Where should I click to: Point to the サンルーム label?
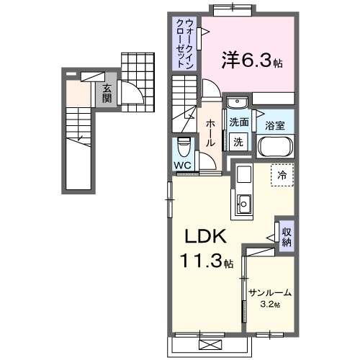click(269, 292)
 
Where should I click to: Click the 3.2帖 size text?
click(270, 305)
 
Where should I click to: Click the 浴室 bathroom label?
click(275, 125)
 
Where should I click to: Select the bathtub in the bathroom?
click(276, 148)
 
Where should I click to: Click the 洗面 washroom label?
click(239, 122)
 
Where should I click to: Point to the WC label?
click(183, 165)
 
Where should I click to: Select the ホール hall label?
click(210, 133)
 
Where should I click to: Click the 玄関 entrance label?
click(106, 94)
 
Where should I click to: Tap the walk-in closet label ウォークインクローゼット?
click(184, 43)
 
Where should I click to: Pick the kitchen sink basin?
click(243, 204)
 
